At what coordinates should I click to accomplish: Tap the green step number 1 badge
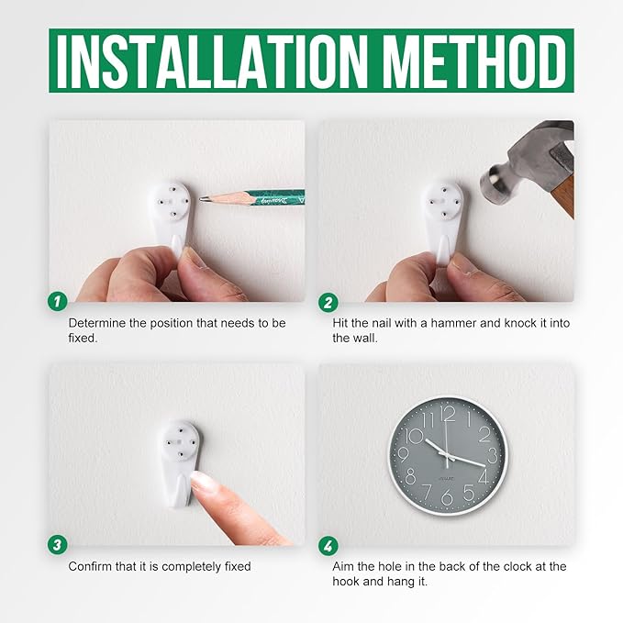click(x=58, y=302)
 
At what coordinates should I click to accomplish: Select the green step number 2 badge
click(x=328, y=303)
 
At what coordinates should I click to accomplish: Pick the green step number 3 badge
click(x=58, y=544)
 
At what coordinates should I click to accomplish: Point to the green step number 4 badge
click(x=328, y=546)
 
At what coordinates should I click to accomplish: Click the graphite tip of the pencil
click(x=202, y=198)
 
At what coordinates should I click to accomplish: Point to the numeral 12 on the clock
click(x=448, y=415)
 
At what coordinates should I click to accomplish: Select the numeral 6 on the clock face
click(x=447, y=497)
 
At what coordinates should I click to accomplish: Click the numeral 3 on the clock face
click(x=493, y=455)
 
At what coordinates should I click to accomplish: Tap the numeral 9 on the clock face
click(x=403, y=454)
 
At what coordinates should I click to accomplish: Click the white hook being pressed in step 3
click(x=182, y=462)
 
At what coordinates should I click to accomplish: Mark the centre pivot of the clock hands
click(x=448, y=455)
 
